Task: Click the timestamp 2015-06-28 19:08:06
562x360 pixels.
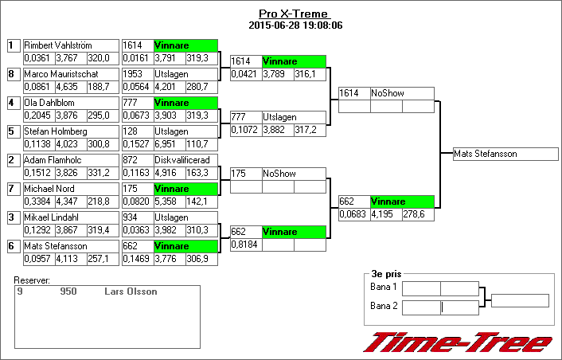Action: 295,25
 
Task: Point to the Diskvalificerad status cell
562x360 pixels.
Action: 185,161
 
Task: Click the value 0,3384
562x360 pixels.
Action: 37,202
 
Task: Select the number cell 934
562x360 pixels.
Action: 136,217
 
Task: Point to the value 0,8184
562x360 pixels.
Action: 245,245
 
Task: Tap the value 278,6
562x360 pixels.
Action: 417,215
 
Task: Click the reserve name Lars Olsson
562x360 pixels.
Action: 131,292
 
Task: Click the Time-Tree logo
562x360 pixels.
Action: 457,342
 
